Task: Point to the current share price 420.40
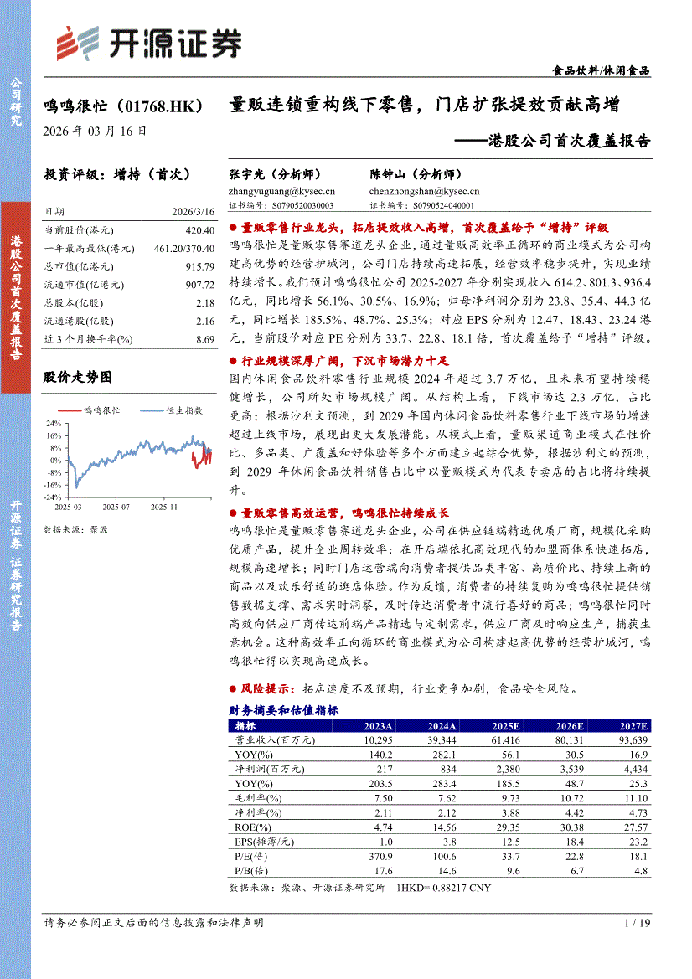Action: [199, 230]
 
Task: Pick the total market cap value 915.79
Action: [199, 266]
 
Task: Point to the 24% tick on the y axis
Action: [54, 423]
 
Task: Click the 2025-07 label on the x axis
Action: [116, 508]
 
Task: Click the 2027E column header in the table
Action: [634, 726]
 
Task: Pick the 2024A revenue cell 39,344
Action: [440, 740]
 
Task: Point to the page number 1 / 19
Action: [638, 922]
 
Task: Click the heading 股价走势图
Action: [77, 378]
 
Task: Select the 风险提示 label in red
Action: [266, 689]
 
